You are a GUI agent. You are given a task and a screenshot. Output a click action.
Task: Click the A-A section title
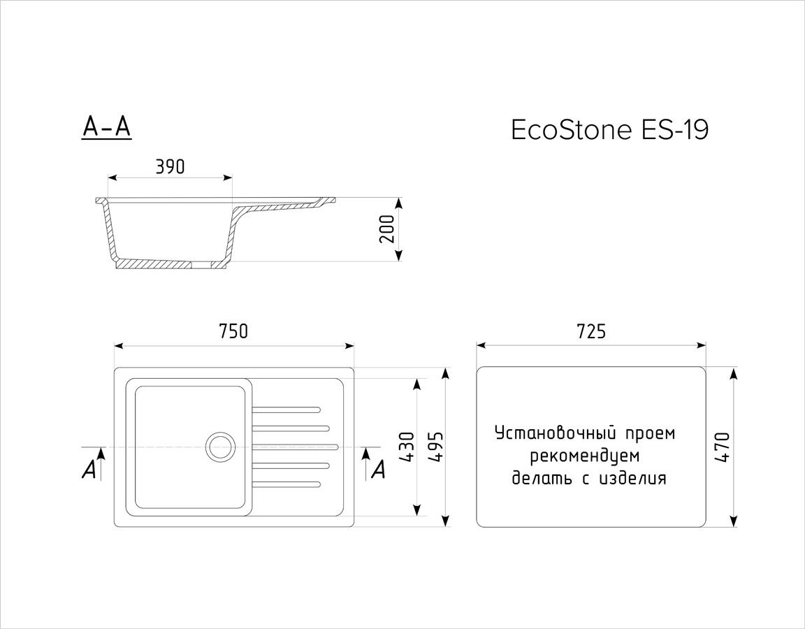coord(106,126)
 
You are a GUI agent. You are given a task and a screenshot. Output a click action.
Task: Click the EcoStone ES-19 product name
coord(609,130)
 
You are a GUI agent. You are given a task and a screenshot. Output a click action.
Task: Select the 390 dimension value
coord(169,167)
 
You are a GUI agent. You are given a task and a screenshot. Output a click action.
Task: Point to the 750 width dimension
coord(233,331)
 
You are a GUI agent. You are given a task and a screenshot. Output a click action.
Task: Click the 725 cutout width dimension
coord(591,331)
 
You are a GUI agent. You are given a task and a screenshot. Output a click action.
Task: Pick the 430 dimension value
coord(407,447)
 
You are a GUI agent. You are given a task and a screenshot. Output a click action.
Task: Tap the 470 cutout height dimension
coord(722,447)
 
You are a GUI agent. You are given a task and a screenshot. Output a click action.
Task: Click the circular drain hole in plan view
coord(220,446)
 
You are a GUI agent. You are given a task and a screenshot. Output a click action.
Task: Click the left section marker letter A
coord(89,470)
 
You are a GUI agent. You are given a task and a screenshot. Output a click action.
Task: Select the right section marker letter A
coord(378,469)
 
